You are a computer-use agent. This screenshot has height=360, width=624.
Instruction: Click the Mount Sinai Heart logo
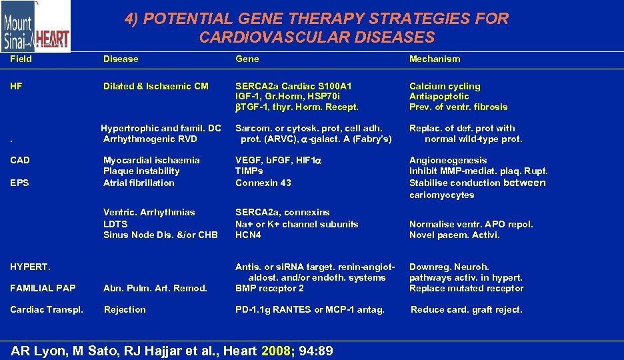coord(35,27)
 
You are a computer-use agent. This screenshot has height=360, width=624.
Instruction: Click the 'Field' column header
coord(21,59)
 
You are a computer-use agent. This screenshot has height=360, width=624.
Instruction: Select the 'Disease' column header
coord(121,59)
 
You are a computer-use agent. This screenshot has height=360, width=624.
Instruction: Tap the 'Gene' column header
coord(247,59)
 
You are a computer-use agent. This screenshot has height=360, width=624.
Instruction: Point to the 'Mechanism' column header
coord(435,59)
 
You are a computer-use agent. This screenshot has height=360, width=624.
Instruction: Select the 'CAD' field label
coord(20,160)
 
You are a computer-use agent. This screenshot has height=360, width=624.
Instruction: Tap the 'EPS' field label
coord(20,183)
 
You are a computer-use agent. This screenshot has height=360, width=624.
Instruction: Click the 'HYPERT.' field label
coord(30,267)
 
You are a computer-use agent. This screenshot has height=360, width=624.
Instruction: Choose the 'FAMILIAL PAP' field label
coord(43,288)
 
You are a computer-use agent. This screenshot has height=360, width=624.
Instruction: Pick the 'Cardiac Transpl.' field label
coord(47,309)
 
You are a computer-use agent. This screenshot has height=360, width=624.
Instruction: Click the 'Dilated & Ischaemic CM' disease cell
coord(156,86)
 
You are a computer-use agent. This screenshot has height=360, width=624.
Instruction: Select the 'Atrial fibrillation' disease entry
coord(139,183)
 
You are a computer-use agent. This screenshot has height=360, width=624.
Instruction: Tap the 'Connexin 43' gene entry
coord(263,183)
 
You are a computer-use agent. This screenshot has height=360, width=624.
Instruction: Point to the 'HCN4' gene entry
coord(248,235)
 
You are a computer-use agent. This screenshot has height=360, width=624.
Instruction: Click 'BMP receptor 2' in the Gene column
coord(269,288)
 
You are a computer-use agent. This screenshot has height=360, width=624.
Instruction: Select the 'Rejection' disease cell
coord(125,309)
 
